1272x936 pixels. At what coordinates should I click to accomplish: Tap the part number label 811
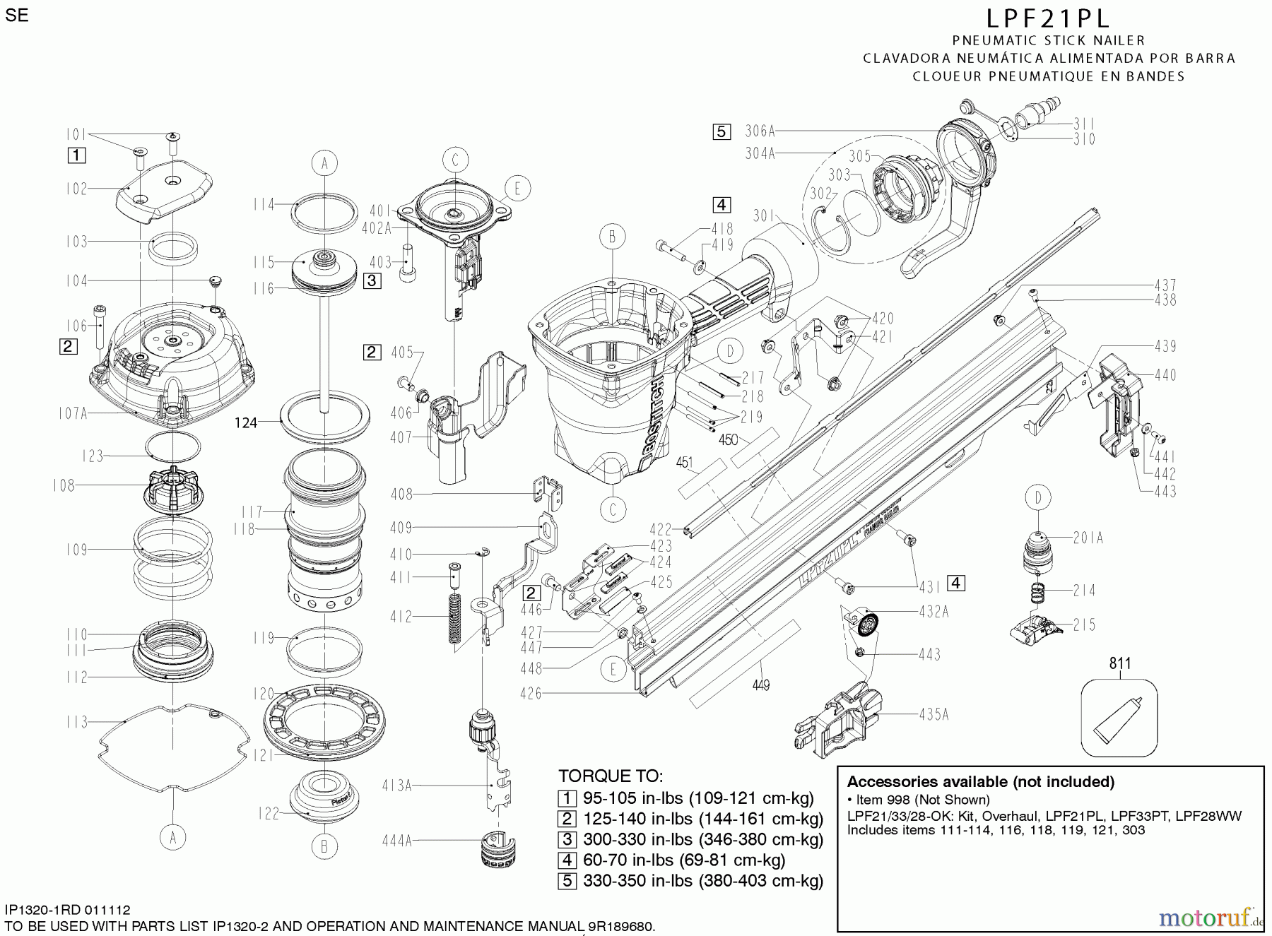(1119, 663)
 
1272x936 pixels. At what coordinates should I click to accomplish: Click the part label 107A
(73, 413)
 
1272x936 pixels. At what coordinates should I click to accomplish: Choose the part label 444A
(396, 841)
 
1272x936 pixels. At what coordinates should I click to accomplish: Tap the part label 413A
(396, 785)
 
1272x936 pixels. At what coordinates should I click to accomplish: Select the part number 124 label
(246, 423)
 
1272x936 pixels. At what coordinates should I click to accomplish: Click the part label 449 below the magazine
(761, 685)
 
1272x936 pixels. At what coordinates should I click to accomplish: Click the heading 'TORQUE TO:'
(610, 776)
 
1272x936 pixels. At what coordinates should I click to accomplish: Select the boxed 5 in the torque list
(567, 881)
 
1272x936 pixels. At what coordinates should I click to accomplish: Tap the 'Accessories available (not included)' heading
(980, 782)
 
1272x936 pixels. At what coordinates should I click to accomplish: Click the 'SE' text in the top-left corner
(16, 16)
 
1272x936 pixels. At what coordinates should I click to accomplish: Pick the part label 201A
(1088, 538)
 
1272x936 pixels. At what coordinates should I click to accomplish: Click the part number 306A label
(760, 131)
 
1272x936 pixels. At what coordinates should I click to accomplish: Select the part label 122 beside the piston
(269, 814)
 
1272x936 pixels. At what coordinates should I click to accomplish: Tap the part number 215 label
(1084, 624)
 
